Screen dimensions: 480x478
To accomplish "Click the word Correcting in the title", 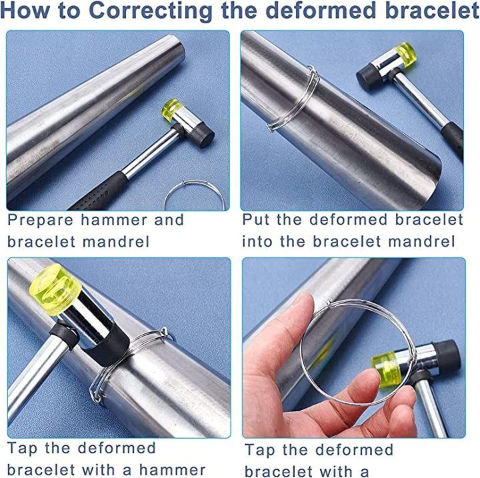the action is (x=151, y=11).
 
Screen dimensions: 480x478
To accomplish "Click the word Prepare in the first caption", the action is (x=41, y=221).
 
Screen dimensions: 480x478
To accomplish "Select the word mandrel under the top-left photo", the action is (x=116, y=242).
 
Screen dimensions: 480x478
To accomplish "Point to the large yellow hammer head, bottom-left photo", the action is (x=55, y=289).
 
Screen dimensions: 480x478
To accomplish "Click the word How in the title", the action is (x=25, y=10).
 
